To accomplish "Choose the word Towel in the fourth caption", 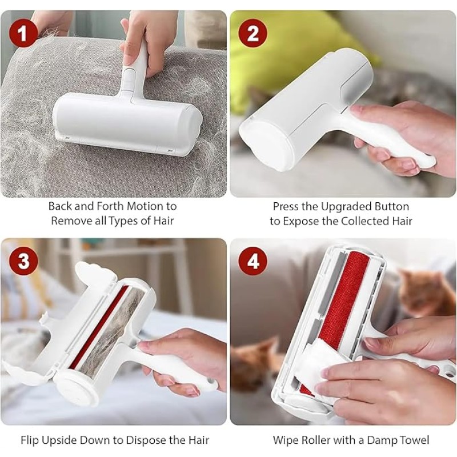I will click(x=412, y=440).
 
